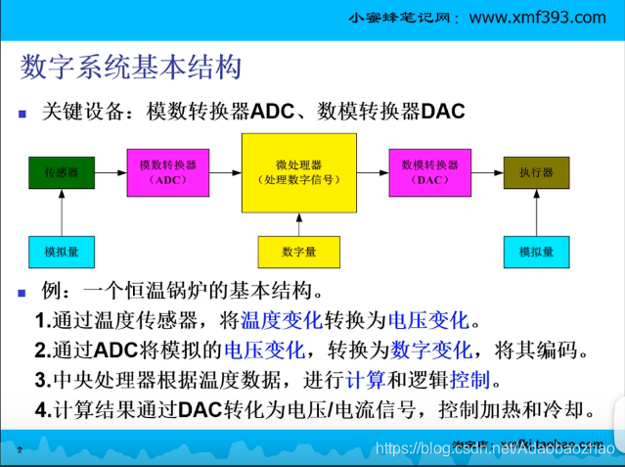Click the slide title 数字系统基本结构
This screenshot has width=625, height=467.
tap(131, 68)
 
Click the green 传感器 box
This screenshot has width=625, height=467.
tap(62, 172)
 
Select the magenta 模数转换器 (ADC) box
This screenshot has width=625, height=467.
tap(167, 172)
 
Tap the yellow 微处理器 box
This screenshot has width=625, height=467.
tap(299, 172)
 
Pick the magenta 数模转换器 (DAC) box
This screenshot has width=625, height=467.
tap(429, 172)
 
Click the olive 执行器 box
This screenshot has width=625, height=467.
tap(536, 172)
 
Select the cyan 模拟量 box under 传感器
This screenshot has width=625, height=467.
tap(62, 252)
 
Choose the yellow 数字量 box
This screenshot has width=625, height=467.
tap(298, 252)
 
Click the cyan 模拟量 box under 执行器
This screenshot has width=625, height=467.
tap(536, 252)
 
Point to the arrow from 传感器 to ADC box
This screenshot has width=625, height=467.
tap(112, 172)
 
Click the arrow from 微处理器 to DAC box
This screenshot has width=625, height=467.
tap(373, 172)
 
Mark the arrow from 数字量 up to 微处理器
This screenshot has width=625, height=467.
tap(298, 224)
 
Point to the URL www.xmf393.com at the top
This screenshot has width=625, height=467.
tap(538, 18)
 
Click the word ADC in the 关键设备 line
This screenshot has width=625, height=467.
tap(272, 112)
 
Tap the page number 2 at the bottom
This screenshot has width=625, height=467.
tap(19, 449)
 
